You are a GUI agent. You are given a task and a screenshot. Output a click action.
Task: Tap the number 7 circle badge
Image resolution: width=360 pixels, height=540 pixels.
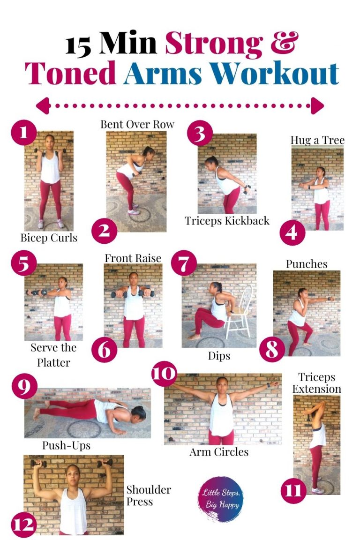pos(184,263)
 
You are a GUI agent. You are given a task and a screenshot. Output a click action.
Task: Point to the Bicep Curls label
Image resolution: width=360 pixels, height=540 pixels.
pos(49,238)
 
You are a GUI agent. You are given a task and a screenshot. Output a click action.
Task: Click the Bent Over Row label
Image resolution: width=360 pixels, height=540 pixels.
pos(137,124)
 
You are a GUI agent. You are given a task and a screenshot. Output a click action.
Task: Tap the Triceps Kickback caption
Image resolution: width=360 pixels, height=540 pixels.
pos(227,221)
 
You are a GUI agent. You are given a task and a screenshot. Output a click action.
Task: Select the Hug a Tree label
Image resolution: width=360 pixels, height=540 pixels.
pos(317,140)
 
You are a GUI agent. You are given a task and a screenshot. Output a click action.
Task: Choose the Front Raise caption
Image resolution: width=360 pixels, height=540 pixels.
pos(133,258)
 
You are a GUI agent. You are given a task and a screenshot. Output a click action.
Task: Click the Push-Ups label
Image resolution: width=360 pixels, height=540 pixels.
pos(67,445)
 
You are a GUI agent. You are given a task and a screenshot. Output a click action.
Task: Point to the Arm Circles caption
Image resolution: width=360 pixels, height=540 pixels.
pos(219,452)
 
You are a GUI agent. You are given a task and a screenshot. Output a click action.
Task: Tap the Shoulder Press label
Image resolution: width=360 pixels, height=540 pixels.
pos(149,495)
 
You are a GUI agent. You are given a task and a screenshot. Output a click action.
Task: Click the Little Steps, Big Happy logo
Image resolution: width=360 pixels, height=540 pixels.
pos(220,499)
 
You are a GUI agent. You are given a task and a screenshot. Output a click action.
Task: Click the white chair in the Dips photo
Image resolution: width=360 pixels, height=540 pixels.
pos(240,312)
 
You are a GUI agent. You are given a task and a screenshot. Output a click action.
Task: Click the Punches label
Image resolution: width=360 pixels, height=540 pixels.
pos(307,264)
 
